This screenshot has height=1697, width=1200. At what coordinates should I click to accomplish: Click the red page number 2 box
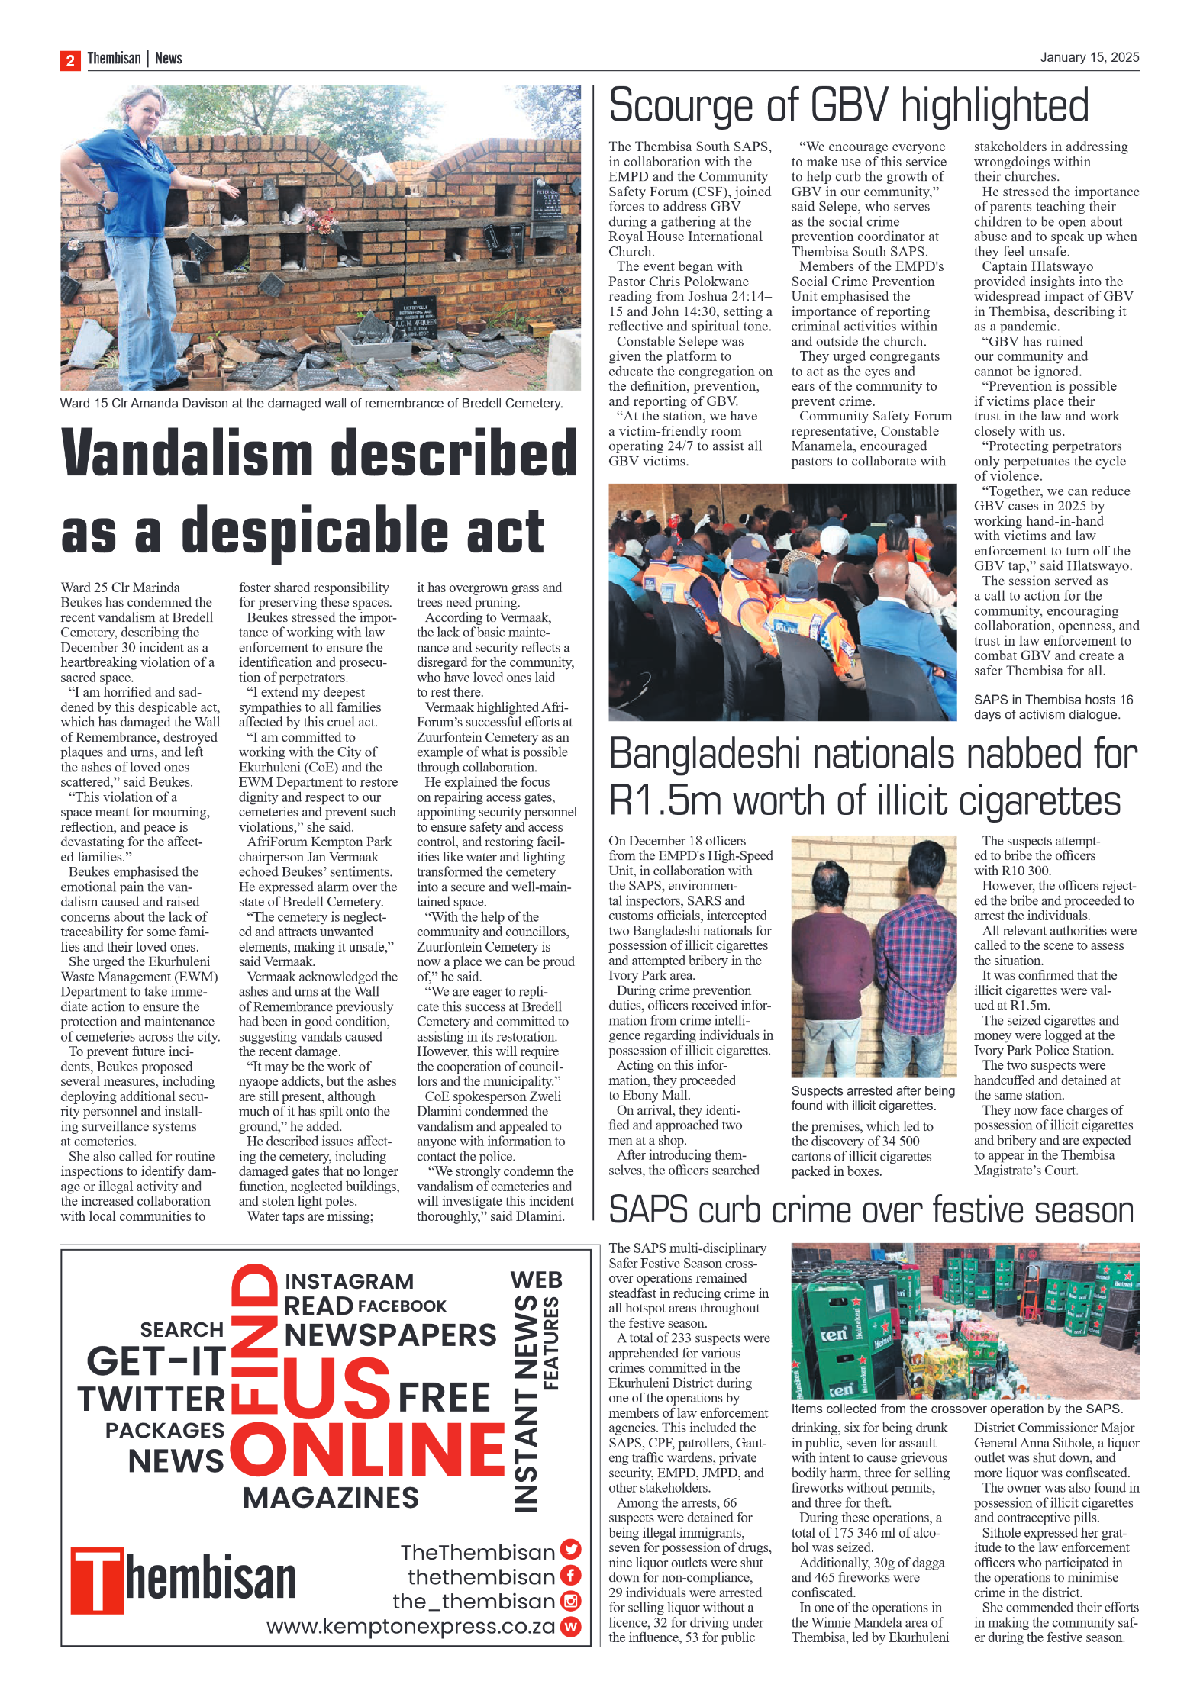pyautogui.click(x=69, y=60)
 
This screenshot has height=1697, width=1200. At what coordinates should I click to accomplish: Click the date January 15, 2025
pyautogui.click(x=1089, y=57)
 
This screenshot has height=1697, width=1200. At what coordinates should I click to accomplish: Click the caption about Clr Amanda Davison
pyautogui.click(x=311, y=403)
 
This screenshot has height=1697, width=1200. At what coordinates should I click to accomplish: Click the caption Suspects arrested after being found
pyautogui.click(x=872, y=1098)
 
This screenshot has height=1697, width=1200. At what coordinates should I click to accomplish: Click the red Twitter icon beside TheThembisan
pyautogui.click(x=570, y=1548)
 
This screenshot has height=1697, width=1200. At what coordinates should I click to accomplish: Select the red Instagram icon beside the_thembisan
pyautogui.click(x=570, y=1600)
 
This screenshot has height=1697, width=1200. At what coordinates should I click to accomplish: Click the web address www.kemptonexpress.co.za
pyautogui.click(x=410, y=1626)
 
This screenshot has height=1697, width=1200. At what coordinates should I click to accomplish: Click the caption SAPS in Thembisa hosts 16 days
pyautogui.click(x=1052, y=707)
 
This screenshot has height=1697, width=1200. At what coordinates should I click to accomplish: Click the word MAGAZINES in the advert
pyautogui.click(x=331, y=1497)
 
